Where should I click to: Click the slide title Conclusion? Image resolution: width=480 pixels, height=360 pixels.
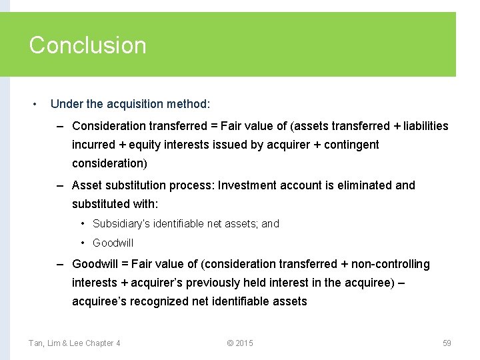[87, 45]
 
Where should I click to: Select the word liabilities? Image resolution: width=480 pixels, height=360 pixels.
[426, 126]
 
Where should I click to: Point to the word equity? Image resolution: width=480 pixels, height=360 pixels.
[147, 145]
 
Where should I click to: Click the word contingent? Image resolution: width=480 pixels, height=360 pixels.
[351, 145]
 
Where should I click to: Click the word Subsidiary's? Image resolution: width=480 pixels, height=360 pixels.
[121, 224]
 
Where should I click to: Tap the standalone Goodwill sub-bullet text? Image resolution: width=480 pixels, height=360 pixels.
[113, 243]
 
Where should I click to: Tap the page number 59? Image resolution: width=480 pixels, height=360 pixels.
[447, 343]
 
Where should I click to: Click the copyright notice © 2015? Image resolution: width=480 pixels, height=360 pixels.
[240, 343]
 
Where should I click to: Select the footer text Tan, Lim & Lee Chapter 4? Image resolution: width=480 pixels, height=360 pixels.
[75, 343]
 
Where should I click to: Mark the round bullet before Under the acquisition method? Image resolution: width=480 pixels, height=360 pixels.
[35, 105]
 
